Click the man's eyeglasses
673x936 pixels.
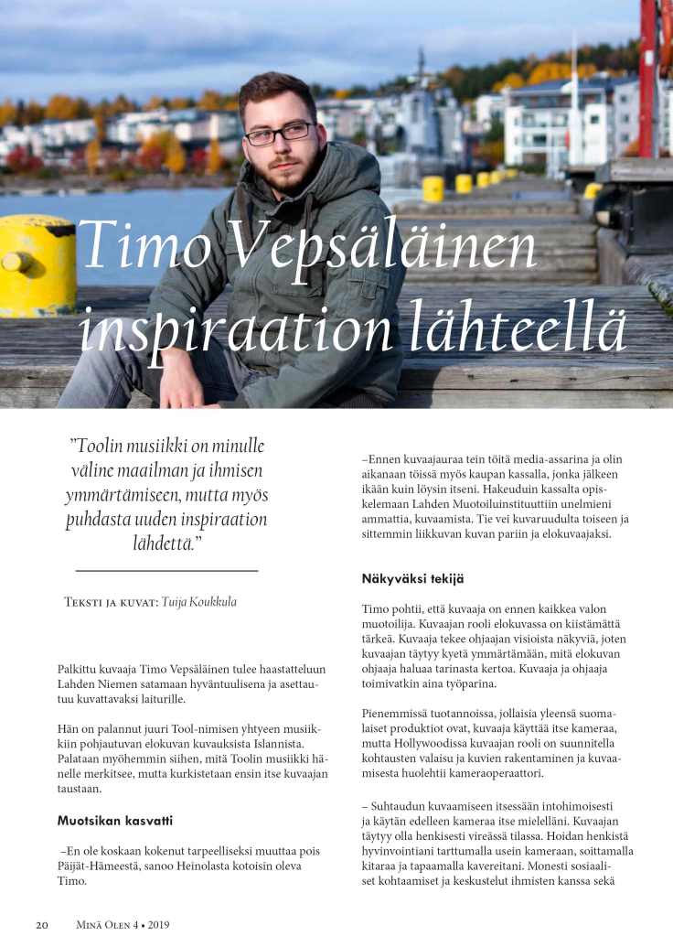pyautogui.click(x=280, y=134)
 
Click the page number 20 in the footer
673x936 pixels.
pyautogui.click(x=42, y=924)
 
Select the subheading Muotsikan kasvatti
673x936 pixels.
pyautogui.click(x=115, y=820)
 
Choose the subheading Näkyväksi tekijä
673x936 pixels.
pyautogui.click(x=413, y=578)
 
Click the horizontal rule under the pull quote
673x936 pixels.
pyautogui.click(x=166, y=570)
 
